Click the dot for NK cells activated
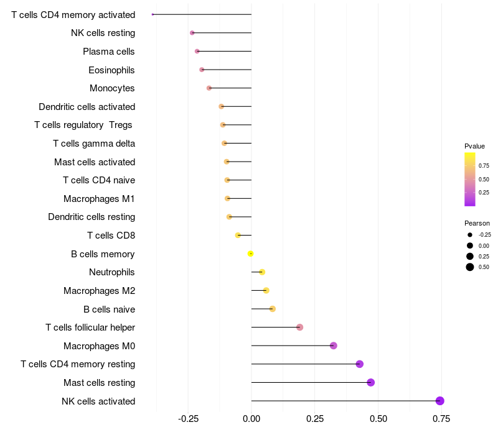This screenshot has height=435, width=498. click(x=440, y=401)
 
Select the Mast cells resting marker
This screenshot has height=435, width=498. click(x=371, y=382)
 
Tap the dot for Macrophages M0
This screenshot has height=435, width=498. click(x=334, y=346)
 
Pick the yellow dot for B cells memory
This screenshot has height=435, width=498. click(x=250, y=254)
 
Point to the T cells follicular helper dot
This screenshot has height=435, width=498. click(x=300, y=327)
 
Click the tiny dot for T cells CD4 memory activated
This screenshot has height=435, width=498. click(x=153, y=14)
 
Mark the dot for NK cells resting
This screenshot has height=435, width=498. click(x=192, y=32)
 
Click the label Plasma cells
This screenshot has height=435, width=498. click(x=109, y=52)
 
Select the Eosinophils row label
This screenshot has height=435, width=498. click(x=111, y=70)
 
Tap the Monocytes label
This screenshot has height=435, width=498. click(x=112, y=88)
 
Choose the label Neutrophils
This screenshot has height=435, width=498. click(x=112, y=272)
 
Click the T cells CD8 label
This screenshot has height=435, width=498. click(x=111, y=236)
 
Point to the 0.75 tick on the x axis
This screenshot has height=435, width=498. click(x=442, y=419)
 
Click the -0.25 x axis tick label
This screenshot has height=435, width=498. click(x=188, y=419)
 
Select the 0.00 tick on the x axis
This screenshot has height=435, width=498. click(x=251, y=419)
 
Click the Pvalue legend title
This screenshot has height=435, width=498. click(x=474, y=146)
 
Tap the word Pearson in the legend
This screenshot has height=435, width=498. click(x=477, y=223)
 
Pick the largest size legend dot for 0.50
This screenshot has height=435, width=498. click(x=470, y=267)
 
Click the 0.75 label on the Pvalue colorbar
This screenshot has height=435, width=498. click(x=484, y=166)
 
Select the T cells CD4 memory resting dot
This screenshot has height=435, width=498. click(x=359, y=364)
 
